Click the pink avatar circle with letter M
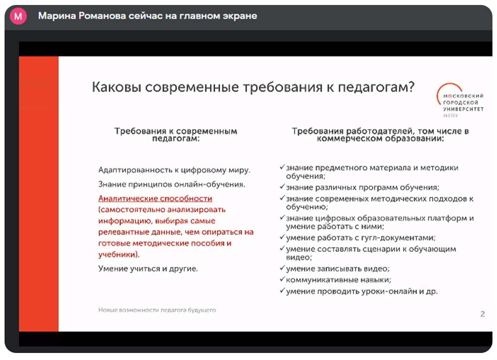[18, 16]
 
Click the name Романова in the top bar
[102, 16]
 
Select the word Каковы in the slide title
[117, 87]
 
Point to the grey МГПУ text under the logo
[451, 115]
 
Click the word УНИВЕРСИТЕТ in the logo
[463, 109]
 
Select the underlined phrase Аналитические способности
[155, 198]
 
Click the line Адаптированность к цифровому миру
[174, 170]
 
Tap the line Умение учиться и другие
[148, 269]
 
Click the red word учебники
[117, 254]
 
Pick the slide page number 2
[483, 314]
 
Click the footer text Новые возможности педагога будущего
[157, 310]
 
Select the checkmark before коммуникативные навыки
[282, 278]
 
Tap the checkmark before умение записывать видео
[282, 268]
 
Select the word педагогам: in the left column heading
[176, 139]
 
